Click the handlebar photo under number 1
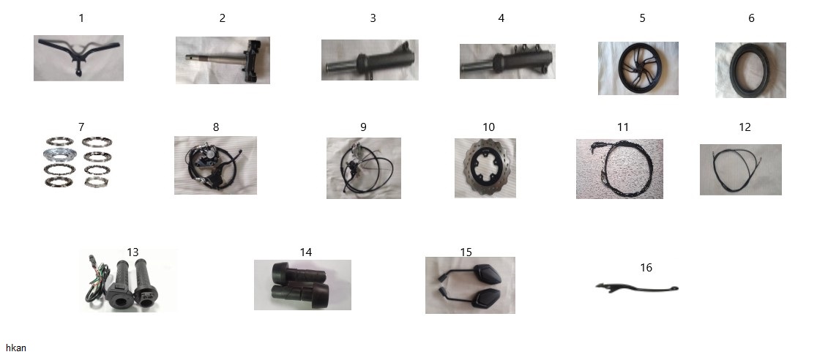click(78, 58)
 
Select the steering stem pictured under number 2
click(223, 60)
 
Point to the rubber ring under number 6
click(750, 70)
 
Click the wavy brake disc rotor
click(485, 168)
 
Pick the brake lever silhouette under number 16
click(637, 288)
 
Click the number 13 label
click(133, 252)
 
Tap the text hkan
click(15, 348)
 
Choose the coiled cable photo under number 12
click(740, 170)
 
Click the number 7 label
click(81, 127)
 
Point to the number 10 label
click(488, 127)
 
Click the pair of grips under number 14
click(302, 285)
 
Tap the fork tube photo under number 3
click(370, 60)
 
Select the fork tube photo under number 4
click(507, 61)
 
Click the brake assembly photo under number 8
click(215, 165)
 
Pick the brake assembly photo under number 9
click(364, 168)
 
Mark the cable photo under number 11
click(619, 169)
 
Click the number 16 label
click(646, 268)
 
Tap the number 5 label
click(642, 18)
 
